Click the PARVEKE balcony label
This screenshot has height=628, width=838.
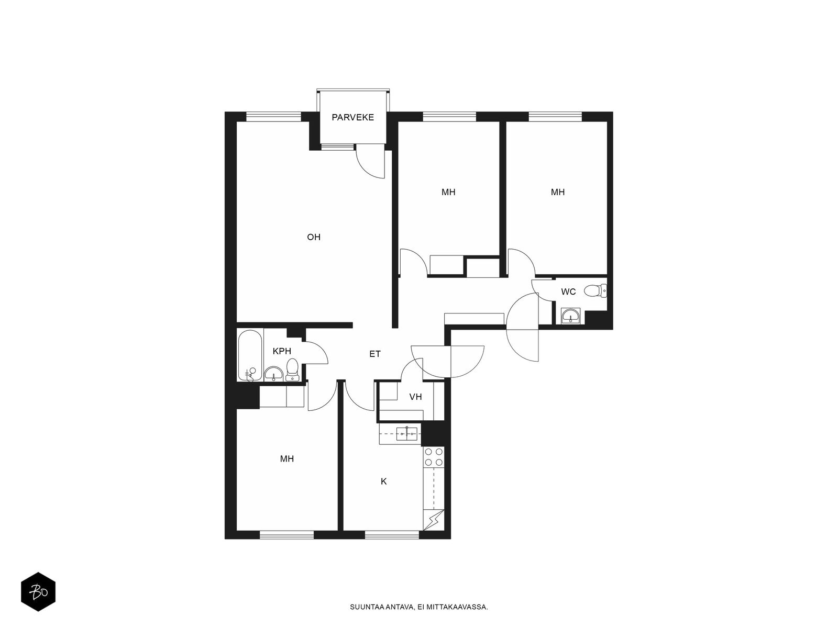point(352,117)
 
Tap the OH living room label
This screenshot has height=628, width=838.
point(313,237)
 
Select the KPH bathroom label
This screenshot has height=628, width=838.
point(282,351)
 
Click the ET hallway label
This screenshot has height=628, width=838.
point(375,354)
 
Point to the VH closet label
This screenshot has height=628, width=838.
point(415,397)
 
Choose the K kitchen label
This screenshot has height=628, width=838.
point(384,481)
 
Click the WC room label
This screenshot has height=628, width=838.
point(568,292)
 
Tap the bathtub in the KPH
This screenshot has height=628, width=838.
point(250,355)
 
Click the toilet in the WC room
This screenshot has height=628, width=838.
point(596,290)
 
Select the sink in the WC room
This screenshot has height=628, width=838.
point(571,316)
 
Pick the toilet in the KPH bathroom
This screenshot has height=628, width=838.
point(292,369)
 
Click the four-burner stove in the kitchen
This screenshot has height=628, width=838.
point(434,457)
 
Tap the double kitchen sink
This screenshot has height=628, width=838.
point(406,434)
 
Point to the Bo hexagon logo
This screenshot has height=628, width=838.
point(38,592)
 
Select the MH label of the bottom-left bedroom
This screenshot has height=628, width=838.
point(286,459)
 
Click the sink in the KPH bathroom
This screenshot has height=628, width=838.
point(273,374)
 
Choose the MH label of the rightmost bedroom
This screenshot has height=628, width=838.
point(557,192)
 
